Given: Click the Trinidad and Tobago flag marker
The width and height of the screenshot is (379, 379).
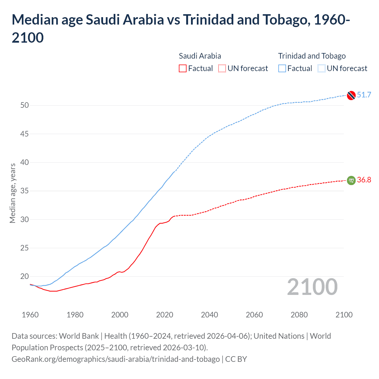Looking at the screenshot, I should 351,95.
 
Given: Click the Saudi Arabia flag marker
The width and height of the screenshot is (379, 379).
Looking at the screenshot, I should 351,180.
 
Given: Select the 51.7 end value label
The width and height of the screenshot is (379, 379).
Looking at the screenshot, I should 364,95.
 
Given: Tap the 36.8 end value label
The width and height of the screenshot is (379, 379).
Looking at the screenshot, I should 364,180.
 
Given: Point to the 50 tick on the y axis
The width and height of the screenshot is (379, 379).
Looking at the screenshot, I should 25,105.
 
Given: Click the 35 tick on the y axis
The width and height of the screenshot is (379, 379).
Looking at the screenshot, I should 25,191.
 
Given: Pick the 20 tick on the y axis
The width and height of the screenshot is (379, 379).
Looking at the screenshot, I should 25,277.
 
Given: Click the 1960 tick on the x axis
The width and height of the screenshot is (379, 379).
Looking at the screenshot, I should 30,315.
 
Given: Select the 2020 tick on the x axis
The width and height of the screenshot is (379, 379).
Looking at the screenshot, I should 165,315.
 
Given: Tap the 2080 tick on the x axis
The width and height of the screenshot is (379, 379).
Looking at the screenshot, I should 299,315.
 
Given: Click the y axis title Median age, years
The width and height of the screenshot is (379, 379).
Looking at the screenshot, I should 12,193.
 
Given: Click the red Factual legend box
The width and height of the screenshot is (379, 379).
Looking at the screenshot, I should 183,68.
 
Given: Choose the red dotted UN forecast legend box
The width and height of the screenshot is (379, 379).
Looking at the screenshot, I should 222,68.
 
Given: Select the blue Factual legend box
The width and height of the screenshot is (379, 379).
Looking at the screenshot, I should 282,68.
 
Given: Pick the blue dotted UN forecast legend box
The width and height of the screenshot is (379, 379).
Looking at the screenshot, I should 321,68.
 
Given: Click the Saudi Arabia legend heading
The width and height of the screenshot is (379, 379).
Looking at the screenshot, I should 200,56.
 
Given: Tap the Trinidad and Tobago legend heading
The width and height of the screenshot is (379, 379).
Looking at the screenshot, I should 312,56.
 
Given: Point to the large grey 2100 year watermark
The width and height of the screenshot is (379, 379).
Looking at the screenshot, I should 312,287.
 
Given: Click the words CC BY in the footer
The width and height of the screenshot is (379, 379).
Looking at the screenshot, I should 236,359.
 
